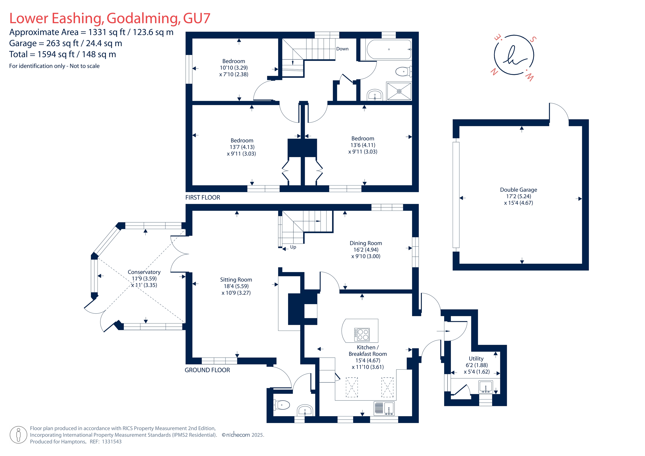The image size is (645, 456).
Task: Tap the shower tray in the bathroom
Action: point(399,91)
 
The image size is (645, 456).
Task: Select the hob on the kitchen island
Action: point(362,335)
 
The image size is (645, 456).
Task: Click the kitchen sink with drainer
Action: point(384,408)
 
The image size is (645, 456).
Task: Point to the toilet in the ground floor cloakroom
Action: point(282,405)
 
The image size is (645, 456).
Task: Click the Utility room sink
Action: point(485,387)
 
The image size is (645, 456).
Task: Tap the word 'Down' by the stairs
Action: point(342,49)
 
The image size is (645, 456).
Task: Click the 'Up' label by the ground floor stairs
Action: point(293,247)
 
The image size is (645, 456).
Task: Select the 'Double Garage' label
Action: point(518,190)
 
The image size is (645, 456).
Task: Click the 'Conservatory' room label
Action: point(144,272)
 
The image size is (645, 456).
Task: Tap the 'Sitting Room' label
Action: point(236,280)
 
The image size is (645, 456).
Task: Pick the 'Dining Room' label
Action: point(366,243)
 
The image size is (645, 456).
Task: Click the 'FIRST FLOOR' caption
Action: point(202,197)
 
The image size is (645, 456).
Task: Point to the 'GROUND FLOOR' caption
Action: point(207,370)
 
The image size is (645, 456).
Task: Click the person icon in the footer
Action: point(18,435)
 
